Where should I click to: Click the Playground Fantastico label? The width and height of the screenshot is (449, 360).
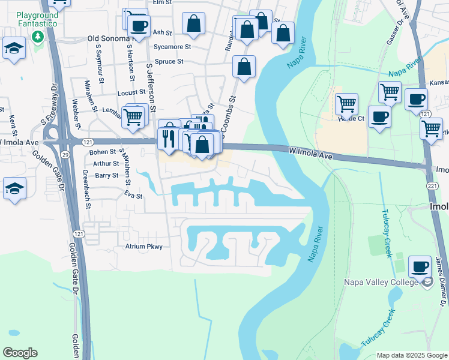(x=37, y=18)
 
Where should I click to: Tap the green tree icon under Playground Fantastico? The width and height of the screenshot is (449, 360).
(x=37, y=37)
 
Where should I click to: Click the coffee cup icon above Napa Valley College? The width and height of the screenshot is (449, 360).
(x=420, y=266)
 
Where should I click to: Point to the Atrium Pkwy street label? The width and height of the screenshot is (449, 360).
(x=143, y=247)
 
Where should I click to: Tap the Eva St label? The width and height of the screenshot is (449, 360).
(x=133, y=196)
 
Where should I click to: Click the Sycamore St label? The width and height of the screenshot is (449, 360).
(x=172, y=46)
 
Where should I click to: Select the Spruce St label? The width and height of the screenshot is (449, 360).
(x=169, y=61)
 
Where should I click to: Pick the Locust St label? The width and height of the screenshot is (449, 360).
(x=131, y=93)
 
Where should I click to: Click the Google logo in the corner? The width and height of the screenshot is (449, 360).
(x=20, y=353)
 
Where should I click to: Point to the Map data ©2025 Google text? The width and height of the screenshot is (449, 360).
(x=412, y=355)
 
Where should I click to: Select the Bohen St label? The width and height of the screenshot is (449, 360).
(x=102, y=152)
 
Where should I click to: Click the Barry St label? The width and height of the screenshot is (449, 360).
(x=106, y=175)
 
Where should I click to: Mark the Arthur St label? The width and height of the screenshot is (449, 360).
(x=106, y=163)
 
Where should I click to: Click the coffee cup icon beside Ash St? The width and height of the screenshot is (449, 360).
(x=139, y=26)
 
